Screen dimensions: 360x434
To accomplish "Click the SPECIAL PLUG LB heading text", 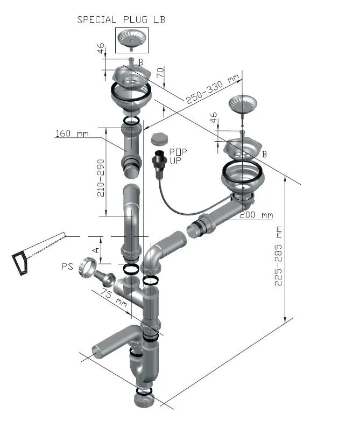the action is [121, 19].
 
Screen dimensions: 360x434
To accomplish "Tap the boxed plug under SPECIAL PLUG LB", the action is [132, 40].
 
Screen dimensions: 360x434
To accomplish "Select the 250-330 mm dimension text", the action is [213, 89].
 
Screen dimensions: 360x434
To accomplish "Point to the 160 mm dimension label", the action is [72, 134].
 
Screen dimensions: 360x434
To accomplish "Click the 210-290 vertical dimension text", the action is [101, 178].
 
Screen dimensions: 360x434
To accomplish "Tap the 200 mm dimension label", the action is [256, 215].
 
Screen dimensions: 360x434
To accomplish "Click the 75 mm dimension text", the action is [114, 298].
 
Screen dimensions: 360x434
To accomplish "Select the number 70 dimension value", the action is [160, 73].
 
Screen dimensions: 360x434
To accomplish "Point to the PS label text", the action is [67, 267].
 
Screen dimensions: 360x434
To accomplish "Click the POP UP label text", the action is [178, 156].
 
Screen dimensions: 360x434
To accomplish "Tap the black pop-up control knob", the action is [159, 162].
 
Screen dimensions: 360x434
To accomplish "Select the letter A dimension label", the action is [96, 250].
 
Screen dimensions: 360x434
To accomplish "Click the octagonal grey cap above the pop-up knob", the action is [159, 139].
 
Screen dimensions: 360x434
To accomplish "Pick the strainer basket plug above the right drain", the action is [242, 105].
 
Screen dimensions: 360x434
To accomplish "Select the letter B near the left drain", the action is [140, 62].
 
